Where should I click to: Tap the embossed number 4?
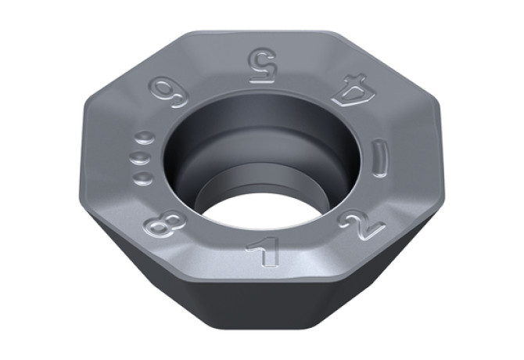point(354,90)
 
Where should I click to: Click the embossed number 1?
point(264,251)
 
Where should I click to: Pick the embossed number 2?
point(361,225)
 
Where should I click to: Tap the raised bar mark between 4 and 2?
point(380,159)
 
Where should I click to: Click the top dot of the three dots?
point(145,138)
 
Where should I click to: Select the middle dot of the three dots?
point(140,157)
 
